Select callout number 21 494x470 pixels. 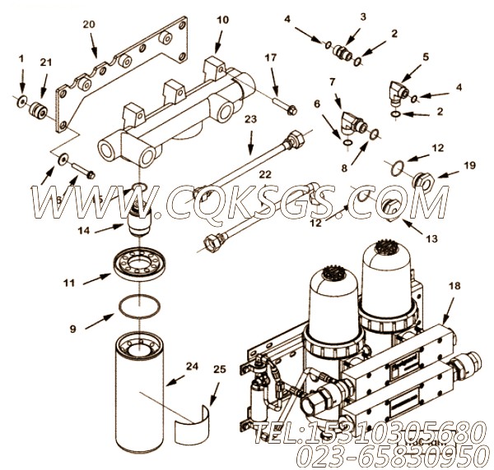pyautogui.click(x=45, y=62)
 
